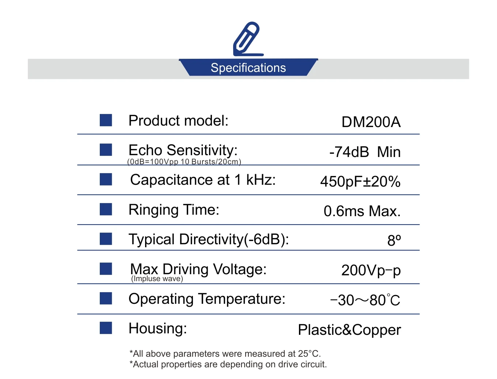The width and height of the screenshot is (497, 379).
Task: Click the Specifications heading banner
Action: [248, 68]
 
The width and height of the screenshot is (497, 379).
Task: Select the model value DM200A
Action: [371, 122]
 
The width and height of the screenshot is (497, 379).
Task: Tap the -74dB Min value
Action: [365, 152]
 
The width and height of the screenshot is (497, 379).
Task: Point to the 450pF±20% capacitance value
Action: [360, 182]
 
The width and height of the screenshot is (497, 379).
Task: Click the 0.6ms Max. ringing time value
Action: [362, 211]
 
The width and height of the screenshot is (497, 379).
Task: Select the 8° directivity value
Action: [394, 241]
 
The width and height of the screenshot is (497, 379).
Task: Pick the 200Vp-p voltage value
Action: [371, 271]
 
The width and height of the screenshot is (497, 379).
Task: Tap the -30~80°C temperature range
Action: [365, 300]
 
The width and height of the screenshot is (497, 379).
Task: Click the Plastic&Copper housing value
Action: [349, 330]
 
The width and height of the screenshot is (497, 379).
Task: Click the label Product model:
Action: [178, 121]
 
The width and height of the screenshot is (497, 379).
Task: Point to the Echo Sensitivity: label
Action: [183, 150]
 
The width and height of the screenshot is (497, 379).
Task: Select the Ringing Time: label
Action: [174, 210]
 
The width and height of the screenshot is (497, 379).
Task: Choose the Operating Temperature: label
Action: [207, 299]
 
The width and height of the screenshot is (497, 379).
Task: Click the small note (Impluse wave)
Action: [157, 279]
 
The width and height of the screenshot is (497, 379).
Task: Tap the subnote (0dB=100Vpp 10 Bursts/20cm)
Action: [184, 162]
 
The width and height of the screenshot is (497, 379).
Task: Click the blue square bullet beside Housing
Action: [106, 328]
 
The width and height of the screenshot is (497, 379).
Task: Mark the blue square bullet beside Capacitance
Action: [106, 179]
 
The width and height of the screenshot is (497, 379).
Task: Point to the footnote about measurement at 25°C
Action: [225, 354]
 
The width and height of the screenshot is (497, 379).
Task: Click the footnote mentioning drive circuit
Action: [228, 364]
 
